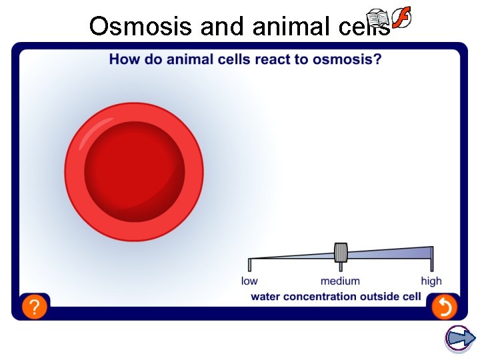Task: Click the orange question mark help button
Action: [x=35, y=307]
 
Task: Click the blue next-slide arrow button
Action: [x=459, y=339]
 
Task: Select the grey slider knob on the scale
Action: [x=341, y=253]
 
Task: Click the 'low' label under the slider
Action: [x=249, y=281]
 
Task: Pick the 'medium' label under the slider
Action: [x=340, y=281]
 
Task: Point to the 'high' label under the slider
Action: [x=431, y=281]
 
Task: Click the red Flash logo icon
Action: [x=401, y=18]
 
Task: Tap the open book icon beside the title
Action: [x=378, y=19]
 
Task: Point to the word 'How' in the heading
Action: [x=122, y=59]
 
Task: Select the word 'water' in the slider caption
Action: [x=265, y=297]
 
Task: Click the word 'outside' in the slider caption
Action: [x=379, y=297]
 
